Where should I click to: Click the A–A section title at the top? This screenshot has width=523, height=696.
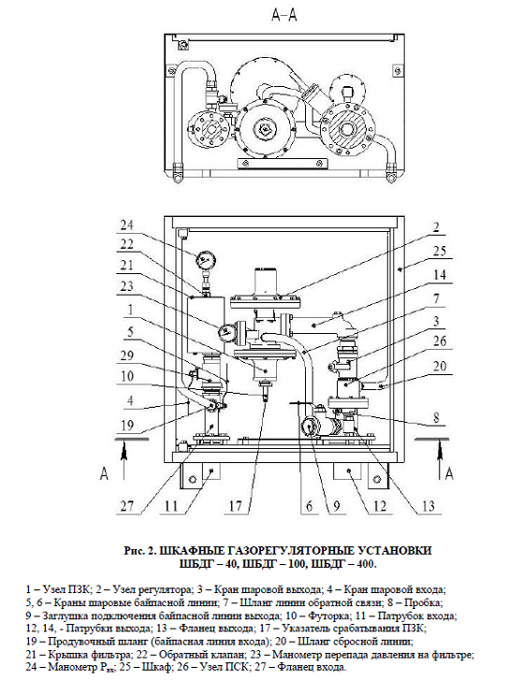tap(283, 15)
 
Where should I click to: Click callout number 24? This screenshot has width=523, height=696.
tap(127, 225)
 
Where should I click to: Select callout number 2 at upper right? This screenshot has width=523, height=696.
tap(436, 227)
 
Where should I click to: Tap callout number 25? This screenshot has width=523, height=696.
tap(439, 252)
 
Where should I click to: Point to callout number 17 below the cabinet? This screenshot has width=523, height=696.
tap(236, 506)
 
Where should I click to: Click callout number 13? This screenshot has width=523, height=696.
tap(428, 506)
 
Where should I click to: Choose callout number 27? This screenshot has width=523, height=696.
tap(127, 506)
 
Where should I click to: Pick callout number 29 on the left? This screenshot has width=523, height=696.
tap(127, 355)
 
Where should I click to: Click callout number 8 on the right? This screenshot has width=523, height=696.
tap(436, 417)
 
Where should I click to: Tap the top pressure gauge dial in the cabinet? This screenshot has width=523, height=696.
tap(205, 258)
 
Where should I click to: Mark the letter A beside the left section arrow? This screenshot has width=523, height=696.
tap(104, 473)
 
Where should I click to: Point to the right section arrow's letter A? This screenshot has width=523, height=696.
tap(449, 473)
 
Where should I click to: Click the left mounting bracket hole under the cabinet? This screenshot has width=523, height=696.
tap(192, 479)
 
